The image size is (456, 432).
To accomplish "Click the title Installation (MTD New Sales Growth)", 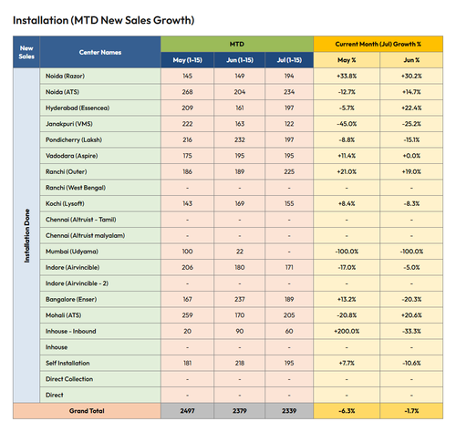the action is click(103, 20).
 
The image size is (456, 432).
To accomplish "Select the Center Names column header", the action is click(100, 52).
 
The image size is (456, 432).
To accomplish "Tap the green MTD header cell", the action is click(237, 44).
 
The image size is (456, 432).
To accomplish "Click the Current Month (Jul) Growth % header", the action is click(378, 44).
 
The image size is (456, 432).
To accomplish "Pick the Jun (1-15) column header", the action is click(240, 60).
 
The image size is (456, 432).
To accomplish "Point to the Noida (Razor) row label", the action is click(65, 76).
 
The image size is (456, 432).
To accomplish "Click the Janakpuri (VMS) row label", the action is click(69, 124).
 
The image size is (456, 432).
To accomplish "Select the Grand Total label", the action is click(87, 411).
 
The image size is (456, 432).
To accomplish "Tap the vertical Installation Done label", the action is click(26, 236).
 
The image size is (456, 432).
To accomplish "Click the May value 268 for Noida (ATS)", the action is click(187, 92).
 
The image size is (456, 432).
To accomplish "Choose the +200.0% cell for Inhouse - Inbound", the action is click(347, 331).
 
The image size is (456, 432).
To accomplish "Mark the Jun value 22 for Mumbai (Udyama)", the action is click(240, 252).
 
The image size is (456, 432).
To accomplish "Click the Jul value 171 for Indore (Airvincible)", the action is click(289, 267).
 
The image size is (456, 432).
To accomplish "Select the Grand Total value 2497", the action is click(187, 411).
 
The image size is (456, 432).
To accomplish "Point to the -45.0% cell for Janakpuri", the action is click(347, 124).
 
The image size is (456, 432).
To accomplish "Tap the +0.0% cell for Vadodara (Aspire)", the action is click(411, 156).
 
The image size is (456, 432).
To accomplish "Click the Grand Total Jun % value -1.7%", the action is click(411, 411).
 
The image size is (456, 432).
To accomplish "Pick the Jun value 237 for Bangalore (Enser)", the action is click(240, 299).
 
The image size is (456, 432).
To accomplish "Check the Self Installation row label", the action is click(67, 363).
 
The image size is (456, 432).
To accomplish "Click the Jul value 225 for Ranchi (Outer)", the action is click(289, 171).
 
